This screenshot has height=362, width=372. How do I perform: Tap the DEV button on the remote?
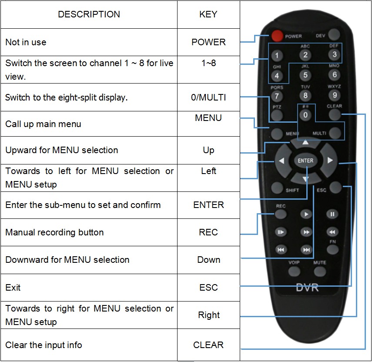[334, 35]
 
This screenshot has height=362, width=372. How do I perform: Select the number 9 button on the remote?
[334, 94]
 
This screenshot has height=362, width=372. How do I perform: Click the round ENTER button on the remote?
[305, 161]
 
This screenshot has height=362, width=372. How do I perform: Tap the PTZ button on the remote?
[277, 115]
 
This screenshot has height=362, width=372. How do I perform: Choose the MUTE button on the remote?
[320, 271]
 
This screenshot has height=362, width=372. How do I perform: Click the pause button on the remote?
[332, 214]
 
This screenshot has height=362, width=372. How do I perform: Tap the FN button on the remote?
[332, 249]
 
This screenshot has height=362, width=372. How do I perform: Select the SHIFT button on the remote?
[277, 188]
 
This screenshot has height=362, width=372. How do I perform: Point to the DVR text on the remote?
[307, 288]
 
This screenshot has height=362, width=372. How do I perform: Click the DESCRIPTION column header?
[89, 14]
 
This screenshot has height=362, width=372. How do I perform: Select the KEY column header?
[208, 14]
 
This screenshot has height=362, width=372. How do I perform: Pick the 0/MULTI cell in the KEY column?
[208, 97]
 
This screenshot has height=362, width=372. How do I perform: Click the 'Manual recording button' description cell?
[89, 232]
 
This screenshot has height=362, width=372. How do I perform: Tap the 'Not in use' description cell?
[89, 42]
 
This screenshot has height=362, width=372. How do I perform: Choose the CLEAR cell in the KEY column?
[208, 345]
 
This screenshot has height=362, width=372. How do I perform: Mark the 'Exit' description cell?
[89, 288]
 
